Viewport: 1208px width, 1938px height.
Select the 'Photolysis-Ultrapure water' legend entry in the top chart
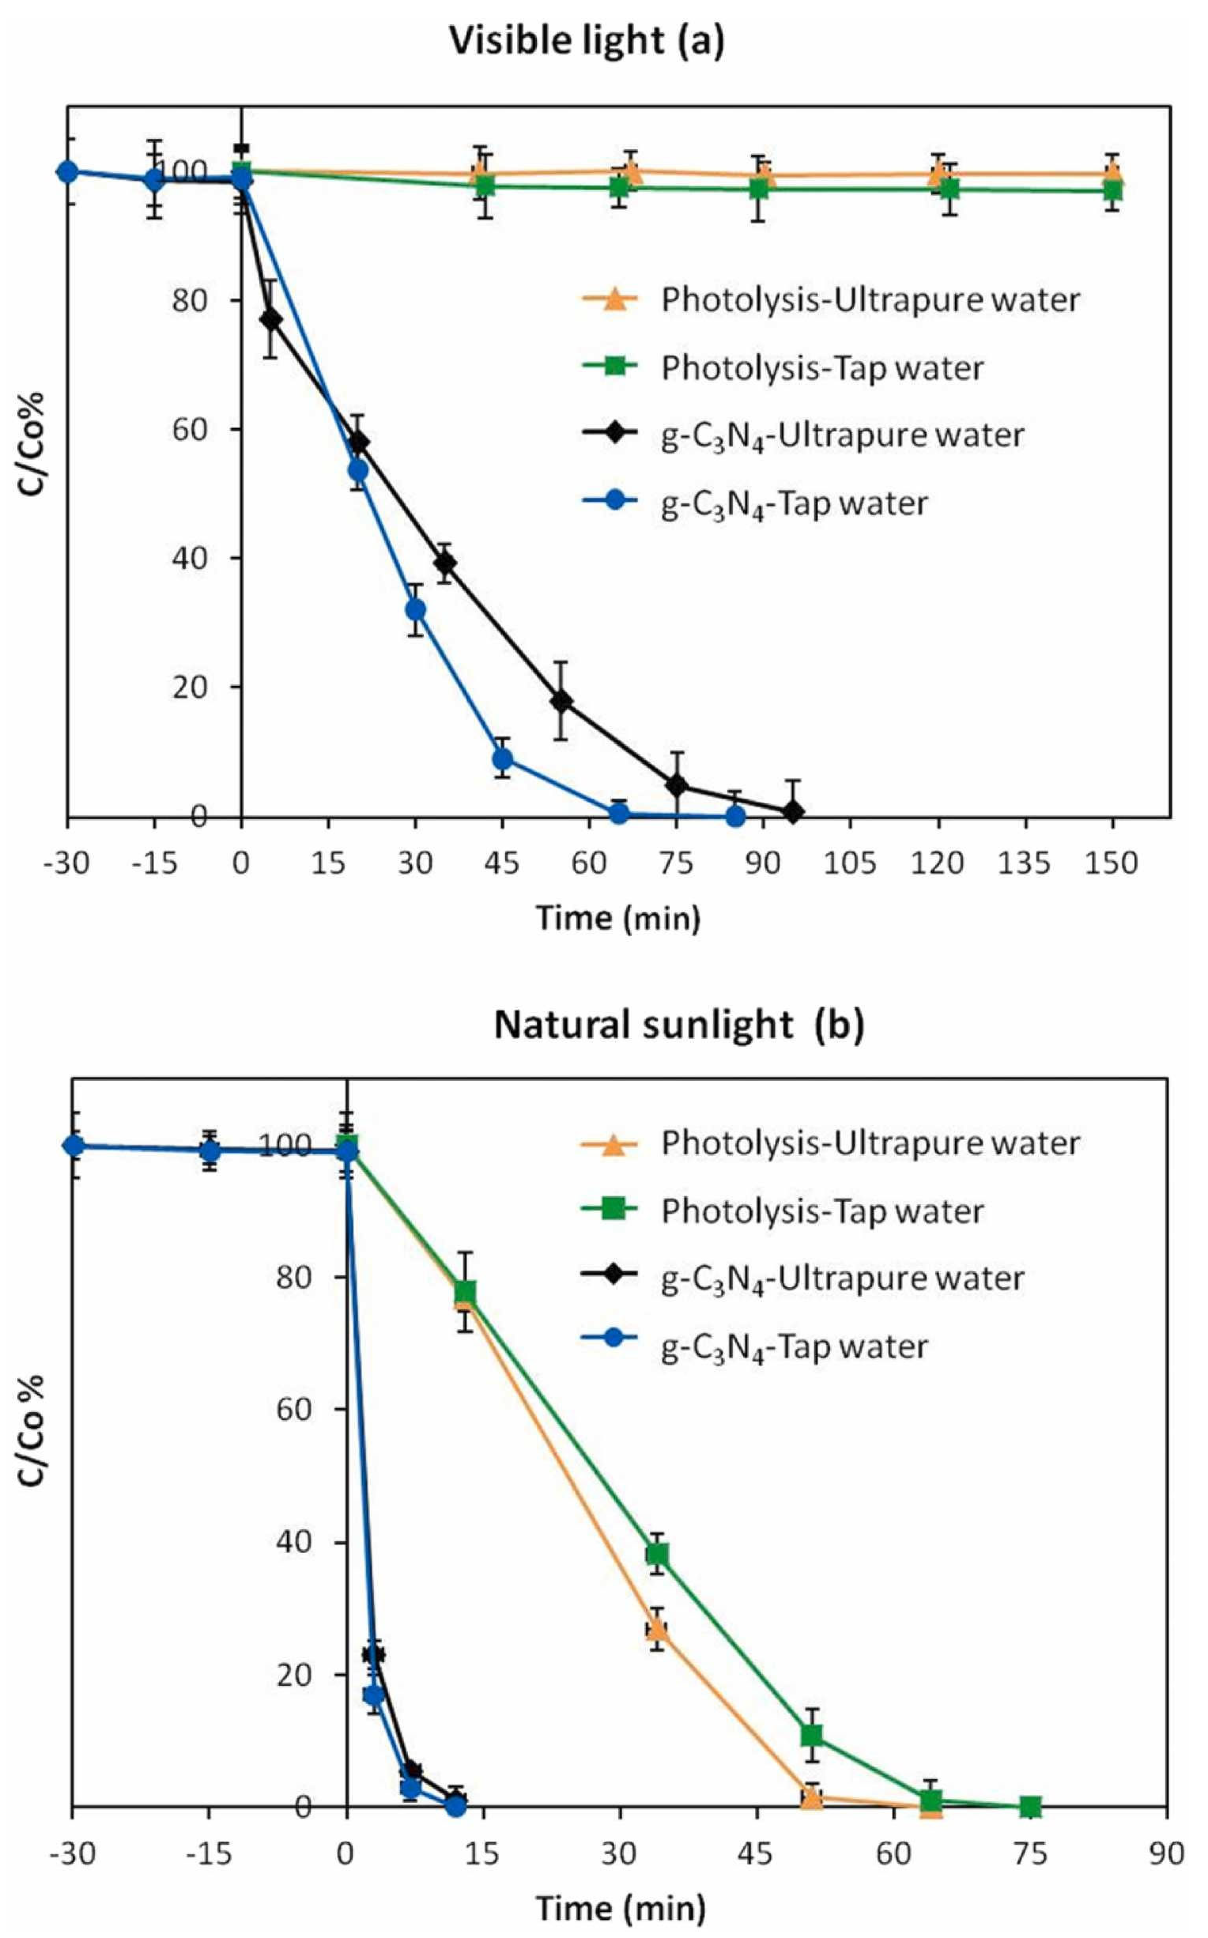coord(869,300)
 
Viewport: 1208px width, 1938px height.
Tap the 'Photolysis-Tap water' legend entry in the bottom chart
coord(821,1212)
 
